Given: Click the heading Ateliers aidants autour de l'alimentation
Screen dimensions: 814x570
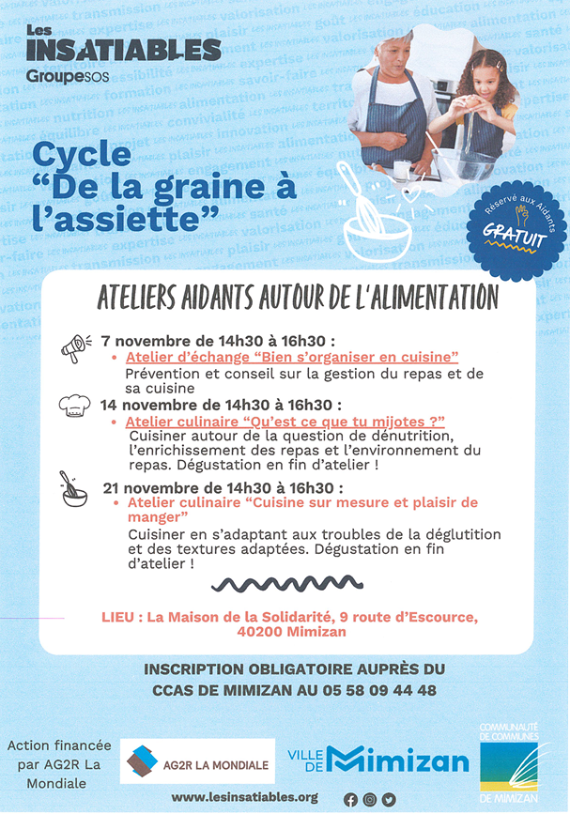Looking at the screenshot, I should click(297, 298).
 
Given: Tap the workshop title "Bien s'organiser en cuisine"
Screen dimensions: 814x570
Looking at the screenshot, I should click(291, 357).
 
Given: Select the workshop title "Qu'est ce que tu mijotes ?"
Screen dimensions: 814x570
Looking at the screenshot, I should click(285, 422).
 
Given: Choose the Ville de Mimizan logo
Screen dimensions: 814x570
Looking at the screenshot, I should click(377, 760).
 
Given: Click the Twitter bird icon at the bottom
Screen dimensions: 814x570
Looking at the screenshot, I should click(389, 799).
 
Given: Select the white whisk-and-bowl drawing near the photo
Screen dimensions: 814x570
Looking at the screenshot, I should click(378, 217).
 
